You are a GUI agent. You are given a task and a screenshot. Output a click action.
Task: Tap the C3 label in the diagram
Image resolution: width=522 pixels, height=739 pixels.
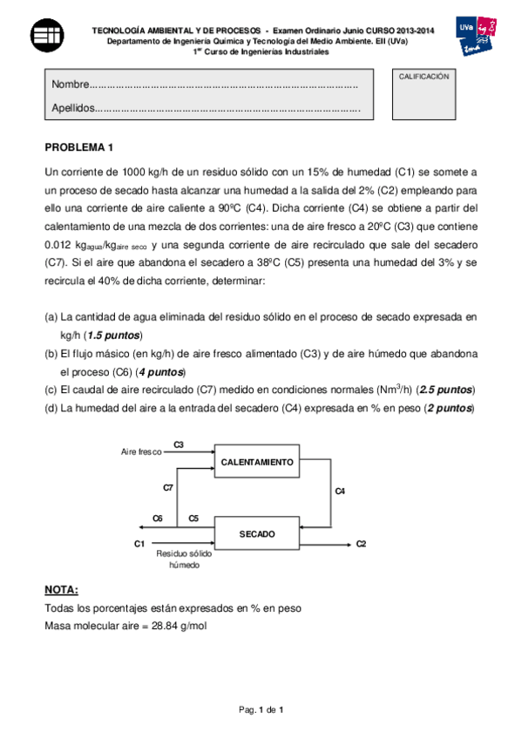click(x=179, y=444)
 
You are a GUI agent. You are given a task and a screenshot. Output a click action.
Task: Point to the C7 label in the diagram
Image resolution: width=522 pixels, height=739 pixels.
click(x=168, y=488)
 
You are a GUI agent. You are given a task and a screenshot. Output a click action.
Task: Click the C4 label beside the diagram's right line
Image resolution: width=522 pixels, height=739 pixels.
click(x=340, y=492)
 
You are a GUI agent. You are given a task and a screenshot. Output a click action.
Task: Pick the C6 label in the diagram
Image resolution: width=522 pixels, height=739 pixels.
click(x=158, y=519)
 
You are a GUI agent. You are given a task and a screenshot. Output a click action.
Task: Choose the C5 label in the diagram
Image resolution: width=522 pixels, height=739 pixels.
click(x=193, y=519)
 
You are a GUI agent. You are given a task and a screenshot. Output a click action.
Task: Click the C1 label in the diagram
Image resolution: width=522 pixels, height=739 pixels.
click(x=139, y=544)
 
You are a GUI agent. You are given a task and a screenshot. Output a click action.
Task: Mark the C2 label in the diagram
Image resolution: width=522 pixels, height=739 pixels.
click(x=361, y=544)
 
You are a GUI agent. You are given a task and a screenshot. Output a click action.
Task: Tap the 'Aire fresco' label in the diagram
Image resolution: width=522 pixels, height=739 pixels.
click(x=141, y=452)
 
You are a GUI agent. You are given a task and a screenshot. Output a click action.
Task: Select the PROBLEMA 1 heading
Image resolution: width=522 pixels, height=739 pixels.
click(x=79, y=146)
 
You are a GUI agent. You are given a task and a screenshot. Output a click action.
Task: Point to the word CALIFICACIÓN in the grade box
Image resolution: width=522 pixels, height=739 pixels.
click(x=424, y=77)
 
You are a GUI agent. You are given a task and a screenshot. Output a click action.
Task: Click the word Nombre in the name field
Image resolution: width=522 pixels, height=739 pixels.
click(x=71, y=85)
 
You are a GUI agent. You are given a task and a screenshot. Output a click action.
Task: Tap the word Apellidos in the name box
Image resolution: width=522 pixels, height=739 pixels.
click(x=72, y=109)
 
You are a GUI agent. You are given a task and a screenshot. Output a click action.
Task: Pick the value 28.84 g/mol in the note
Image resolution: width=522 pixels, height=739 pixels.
click(x=178, y=625)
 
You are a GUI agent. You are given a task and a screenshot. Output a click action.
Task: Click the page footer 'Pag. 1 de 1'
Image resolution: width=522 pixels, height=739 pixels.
click(x=261, y=710)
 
